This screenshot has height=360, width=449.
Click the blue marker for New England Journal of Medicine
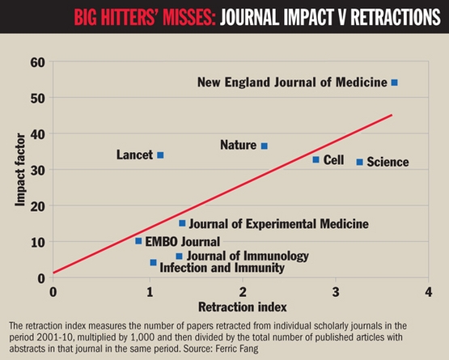pyautogui.click(x=394, y=83)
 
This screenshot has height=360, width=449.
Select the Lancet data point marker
pyautogui.click(x=160, y=155)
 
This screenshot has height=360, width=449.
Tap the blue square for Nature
pyautogui.click(x=264, y=146)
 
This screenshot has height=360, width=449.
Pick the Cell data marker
pyautogui.click(x=316, y=159)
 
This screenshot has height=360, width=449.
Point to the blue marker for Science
pyautogui.click(x=359, y=162)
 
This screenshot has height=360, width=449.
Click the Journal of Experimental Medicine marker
pyautogui.click(x=182, y=223)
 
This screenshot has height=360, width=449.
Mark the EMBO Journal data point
pyautogui.click(x=138, y=241)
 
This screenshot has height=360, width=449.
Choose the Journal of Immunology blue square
pyautogui.click(x=179, y=256)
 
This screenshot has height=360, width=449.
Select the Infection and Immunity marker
pyautogui.click(x=153, y=262)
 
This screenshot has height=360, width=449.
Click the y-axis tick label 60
pyautogui.click(x=37, y=62)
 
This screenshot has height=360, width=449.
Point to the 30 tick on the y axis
pyautogui.click(x=37, y=170)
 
